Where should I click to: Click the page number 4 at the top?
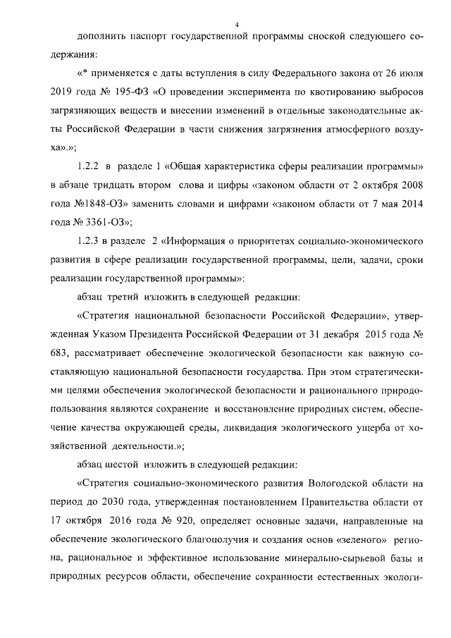click(x=237, y=25)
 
